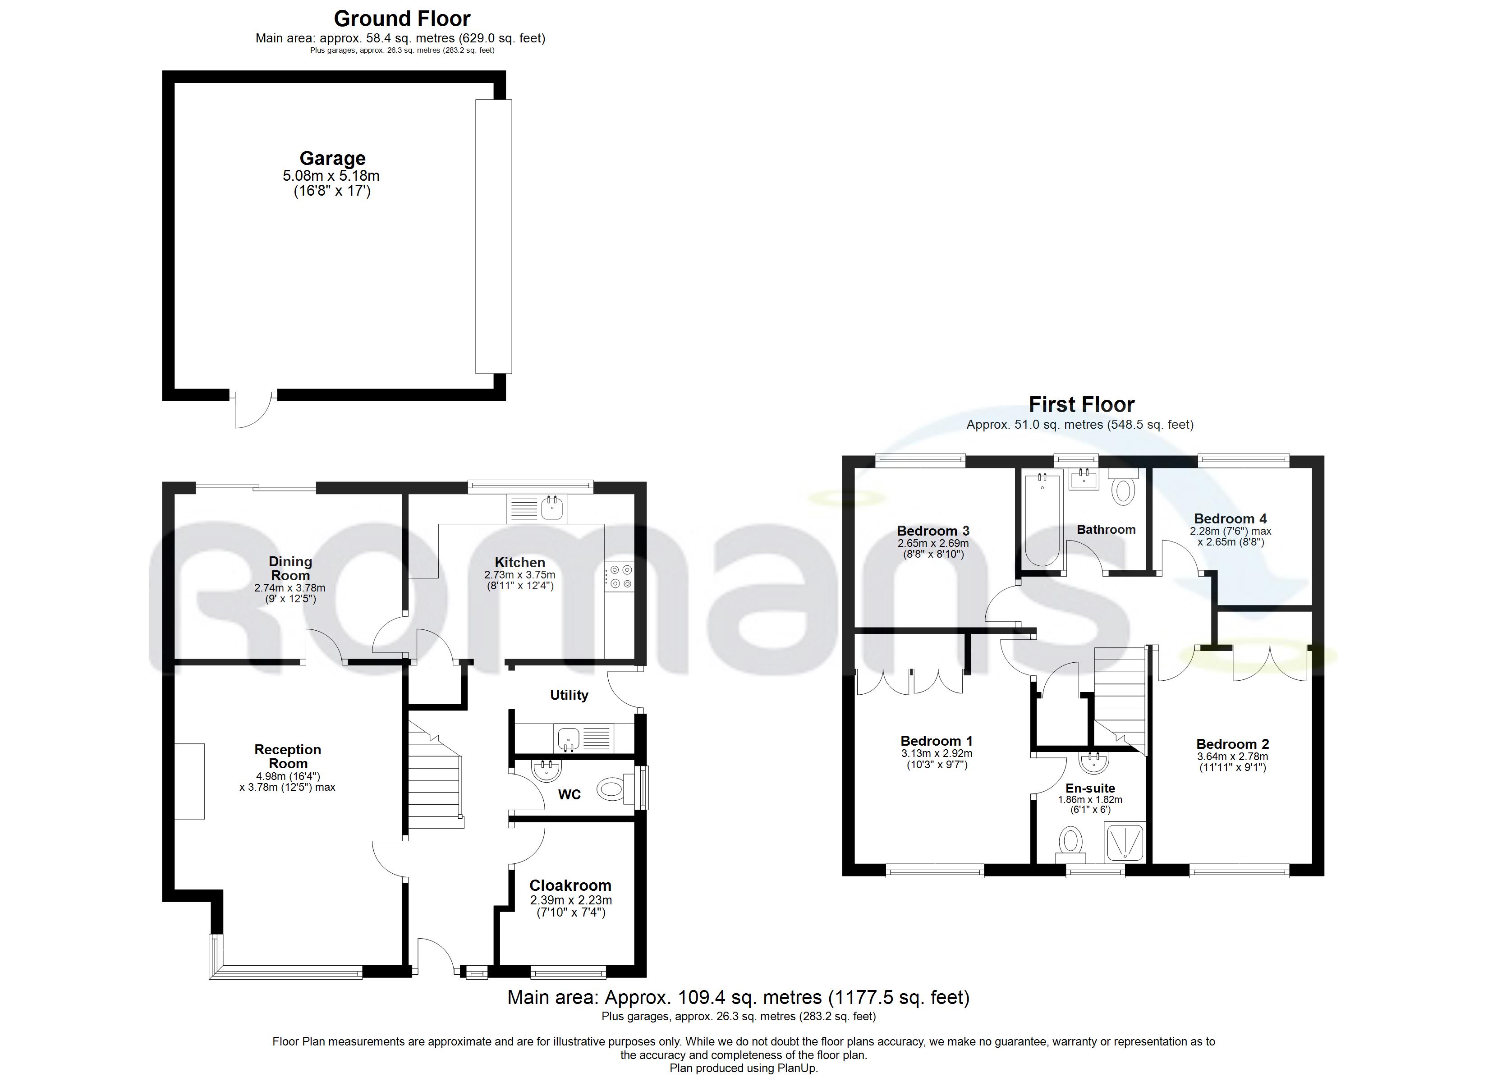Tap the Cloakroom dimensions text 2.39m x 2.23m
click(x=570, y=900)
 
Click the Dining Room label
click(x=290, y=568)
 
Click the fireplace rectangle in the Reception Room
click(x=190, y=781)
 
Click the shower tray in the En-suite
click(x=1125, y=843)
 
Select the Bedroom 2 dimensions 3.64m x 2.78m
click(x=1232, y=756)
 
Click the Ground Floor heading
click(x=401, y=18)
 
